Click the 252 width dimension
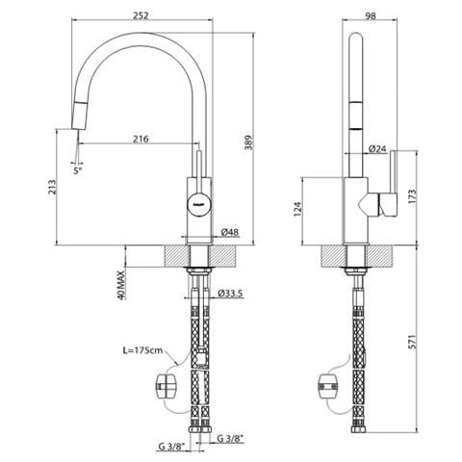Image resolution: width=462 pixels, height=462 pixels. click(141, 15)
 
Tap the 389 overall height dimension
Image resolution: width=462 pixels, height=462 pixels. click(249, 142)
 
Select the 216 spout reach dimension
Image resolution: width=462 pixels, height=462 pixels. click(141, 139)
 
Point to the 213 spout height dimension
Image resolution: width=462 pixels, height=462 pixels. click(52, 187)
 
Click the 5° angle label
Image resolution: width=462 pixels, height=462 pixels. click(78, 170)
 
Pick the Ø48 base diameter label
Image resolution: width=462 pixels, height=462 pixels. click(230, 232)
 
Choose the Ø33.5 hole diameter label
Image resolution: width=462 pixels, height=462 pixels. click(230, 293)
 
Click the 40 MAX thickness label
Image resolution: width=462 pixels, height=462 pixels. click(120, 285)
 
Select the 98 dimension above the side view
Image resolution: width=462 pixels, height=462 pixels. click(371, 15)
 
